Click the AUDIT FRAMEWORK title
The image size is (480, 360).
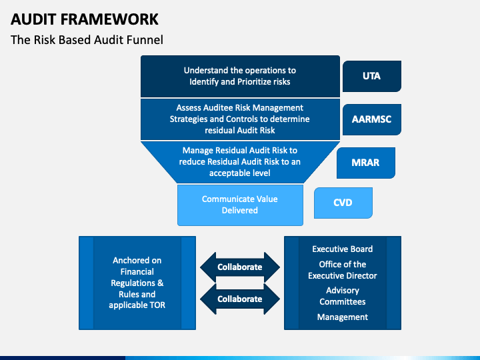85,19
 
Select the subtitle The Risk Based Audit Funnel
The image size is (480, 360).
87,40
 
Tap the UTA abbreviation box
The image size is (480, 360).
371,76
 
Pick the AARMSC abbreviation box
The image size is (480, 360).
371,119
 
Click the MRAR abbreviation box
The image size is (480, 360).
366,163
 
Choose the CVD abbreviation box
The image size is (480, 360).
343,203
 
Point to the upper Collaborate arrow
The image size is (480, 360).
240,267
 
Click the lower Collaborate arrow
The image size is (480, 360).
240,299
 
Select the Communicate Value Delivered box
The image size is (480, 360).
240,205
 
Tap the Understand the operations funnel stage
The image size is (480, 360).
240,76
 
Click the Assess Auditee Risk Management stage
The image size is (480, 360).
240,119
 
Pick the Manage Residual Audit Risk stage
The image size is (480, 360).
240,161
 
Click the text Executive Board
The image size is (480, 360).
343,249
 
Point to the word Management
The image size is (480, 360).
343,317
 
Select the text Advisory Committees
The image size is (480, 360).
343,296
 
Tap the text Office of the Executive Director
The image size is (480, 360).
343,270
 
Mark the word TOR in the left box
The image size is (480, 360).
157,305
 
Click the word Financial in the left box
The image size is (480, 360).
137,272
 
